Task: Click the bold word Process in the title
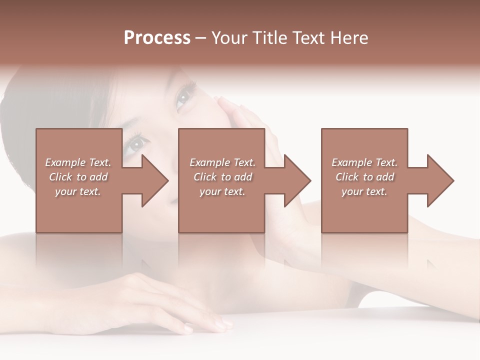[x=157, y=38]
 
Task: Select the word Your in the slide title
[x=230, y=38]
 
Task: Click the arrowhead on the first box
[x=155, y=180]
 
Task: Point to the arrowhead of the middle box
[x=297, y=180]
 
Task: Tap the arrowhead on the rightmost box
[x=440, y=180]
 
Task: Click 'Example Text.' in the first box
[x=78, y=162]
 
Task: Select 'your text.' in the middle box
[x=222, y=191]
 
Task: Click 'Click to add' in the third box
[x=364, y=177]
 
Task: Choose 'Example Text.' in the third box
[x=364, y=162]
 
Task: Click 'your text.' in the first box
[x=78, y=191]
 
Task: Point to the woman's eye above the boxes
[x=183, y=96]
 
